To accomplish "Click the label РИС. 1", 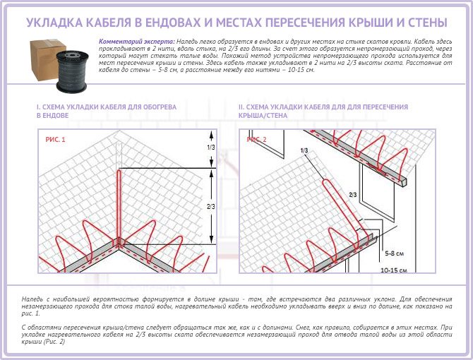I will (x=55, y=140).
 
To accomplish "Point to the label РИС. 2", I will (x=257, y=139).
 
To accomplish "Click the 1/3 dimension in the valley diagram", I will (x=211, y=148).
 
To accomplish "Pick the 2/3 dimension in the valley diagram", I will (x=211, y=205).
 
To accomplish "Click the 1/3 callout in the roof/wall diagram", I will (x=304, y=151).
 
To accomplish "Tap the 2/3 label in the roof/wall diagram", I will (x=353, y=193).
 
